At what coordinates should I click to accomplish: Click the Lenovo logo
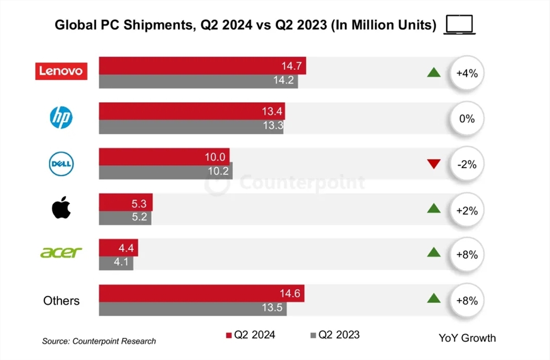point(61,70)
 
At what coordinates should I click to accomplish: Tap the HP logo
point(61,118)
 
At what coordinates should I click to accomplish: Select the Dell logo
point(61,164)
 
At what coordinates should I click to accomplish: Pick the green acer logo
point(61,253)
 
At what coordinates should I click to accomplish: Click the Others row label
point(61,301)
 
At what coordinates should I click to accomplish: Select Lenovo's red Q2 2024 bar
point(202,66)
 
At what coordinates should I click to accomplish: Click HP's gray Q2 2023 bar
point(191,126)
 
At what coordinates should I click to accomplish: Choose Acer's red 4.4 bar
point(118,248)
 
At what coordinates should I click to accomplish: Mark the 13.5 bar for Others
point(193,308)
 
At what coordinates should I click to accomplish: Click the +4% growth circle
point(466,72)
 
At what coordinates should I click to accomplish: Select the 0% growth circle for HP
point(466,118)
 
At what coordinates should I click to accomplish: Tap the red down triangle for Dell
point(434,163)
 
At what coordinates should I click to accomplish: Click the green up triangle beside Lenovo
point(434,72)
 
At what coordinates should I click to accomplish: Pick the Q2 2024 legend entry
point(250,335)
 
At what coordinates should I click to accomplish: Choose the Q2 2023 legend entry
point(335,335)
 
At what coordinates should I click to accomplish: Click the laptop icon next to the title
point(460,25)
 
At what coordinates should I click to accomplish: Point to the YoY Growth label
point(467,338)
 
